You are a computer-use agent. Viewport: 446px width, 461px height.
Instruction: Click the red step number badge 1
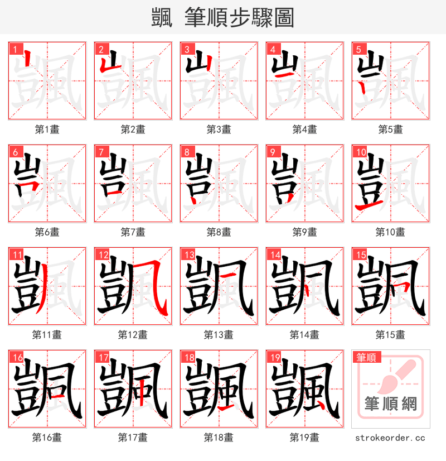click(x=14, y=49)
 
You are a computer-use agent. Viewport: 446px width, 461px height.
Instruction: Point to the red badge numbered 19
click(x=273, y=357)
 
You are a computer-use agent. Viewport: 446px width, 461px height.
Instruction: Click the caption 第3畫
click(x=219, y=129)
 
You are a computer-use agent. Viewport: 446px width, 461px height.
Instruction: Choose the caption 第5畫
click(x=390, y=129)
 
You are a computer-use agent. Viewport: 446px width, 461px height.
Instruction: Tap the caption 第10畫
click(x=390, y=232)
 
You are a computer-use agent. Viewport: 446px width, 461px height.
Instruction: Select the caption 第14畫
click(x=304, y=335)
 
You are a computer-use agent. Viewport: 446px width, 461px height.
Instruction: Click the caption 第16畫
click(x=47, y=438)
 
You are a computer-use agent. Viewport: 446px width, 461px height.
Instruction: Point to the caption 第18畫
click(x=219, y=438)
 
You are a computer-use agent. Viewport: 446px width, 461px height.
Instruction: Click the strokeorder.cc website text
click(x=390, y=438)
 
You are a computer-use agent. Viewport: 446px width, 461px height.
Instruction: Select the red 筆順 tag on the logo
click(x=367, y=357)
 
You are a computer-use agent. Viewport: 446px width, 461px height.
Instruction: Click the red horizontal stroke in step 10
click(x=367, y=207)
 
